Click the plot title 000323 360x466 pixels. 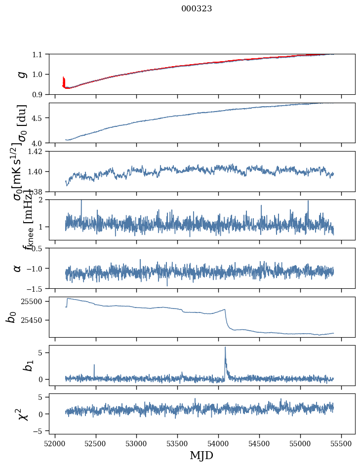pyautogui.click(x=197, y=8)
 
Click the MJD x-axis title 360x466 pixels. pyautogui.click(x=201, y=455)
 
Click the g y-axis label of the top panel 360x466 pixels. pyautogui.click(x=20, y=74)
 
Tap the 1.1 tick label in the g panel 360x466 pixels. pyautogui.click(x=40, y=54)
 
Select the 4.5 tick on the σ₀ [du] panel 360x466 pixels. pyautogui.click(x=40, y=118)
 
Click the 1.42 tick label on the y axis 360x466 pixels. pyautogui.click(x=37, y=152)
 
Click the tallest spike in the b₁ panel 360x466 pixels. pyautogui.click(x=225, y=348)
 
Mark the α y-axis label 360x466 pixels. pyautogui.click(x=17, y=268)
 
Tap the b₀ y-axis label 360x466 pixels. pyautogui.click(x=11, y=316)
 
